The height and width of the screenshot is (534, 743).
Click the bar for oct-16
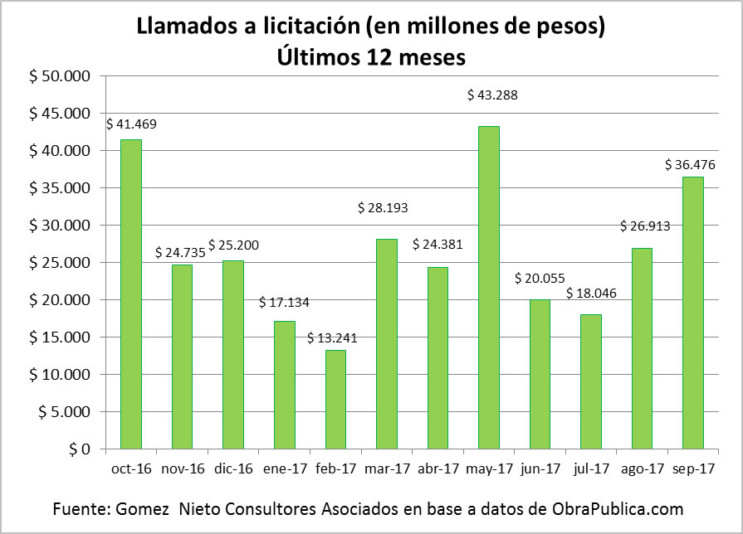point(130,294)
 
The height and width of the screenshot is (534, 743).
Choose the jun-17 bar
point(540,374)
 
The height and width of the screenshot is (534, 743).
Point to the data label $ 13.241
point(335,337)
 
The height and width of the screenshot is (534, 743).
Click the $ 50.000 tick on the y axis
point(59,76)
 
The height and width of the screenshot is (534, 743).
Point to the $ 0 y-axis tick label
point(79,449)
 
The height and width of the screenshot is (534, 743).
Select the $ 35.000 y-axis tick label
point(59,188)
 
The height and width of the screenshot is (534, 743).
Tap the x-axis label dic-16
point(232,468)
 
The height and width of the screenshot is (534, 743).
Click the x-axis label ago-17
point(642,468)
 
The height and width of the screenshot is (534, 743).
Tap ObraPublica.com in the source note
point(613,507)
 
